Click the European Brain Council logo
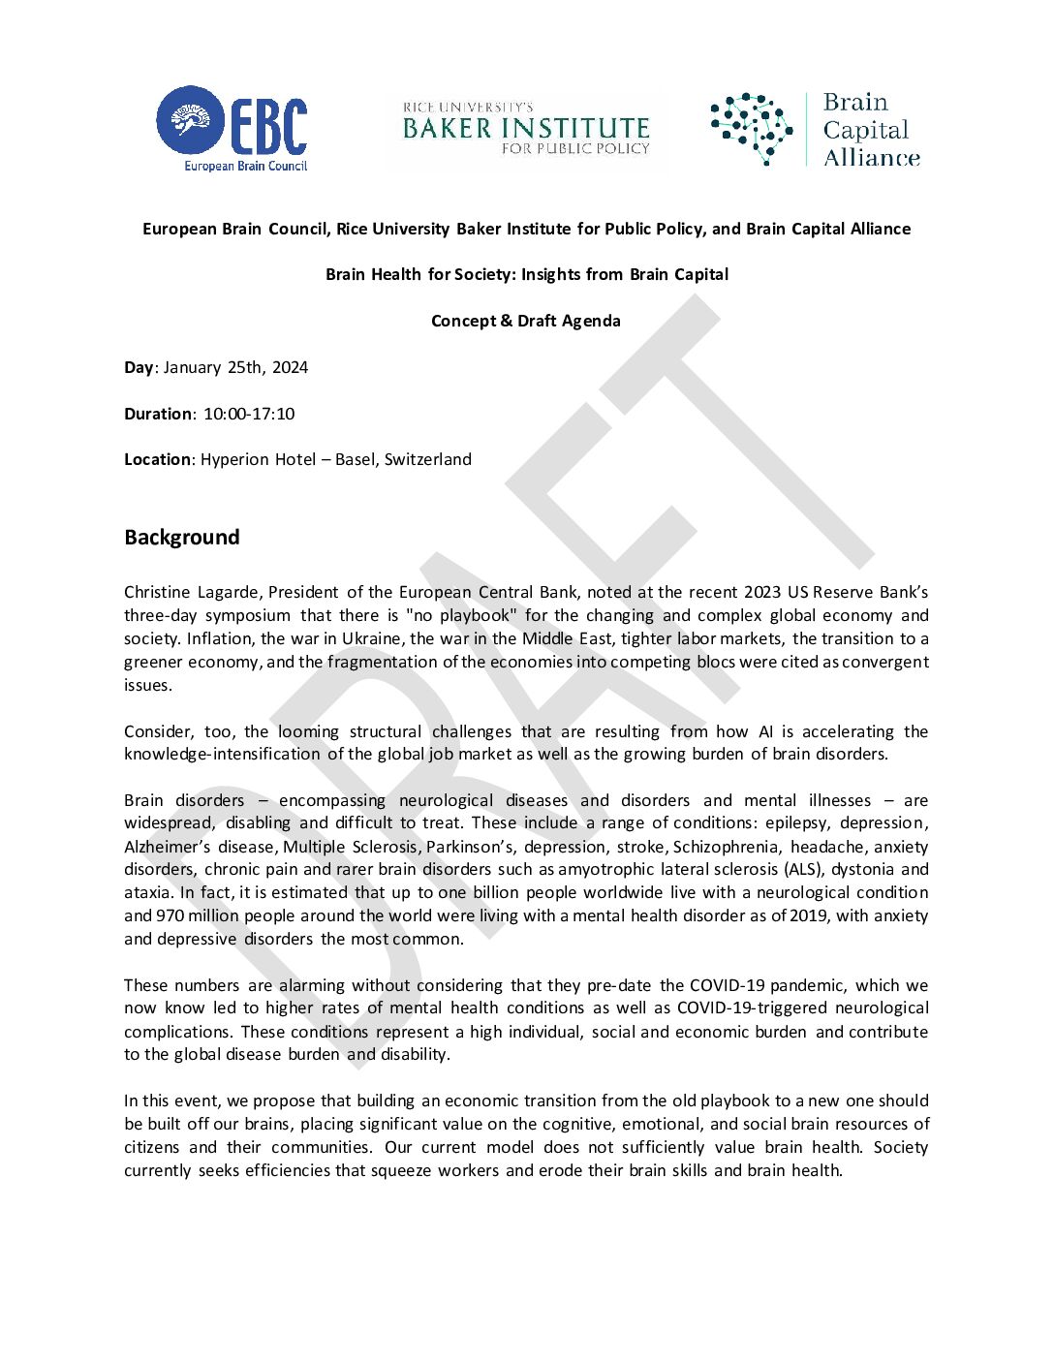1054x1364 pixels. pyautogui.click(x=232, y=128)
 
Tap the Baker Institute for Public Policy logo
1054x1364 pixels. pyautogui.click(x=526, y=129)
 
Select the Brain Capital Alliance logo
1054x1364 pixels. pyautogui.click(x=815, y=130)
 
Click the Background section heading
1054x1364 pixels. pyautogui.click(x=181, y=538)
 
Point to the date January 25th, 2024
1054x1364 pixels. pyautogui.click(x=235, y=367)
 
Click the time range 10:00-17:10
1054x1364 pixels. pyautogui.click(x=248, y=414)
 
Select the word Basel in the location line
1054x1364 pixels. pyautogui.click(x=355, y=459)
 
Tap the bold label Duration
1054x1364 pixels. pyautogui.click(x=158, y=414)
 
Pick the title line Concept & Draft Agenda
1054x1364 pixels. pyautogui.click(x=526, y=321)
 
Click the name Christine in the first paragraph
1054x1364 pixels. pyautogui.click(x=157, y=592)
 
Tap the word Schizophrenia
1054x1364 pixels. pyautogui.click(x=726, y=846)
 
